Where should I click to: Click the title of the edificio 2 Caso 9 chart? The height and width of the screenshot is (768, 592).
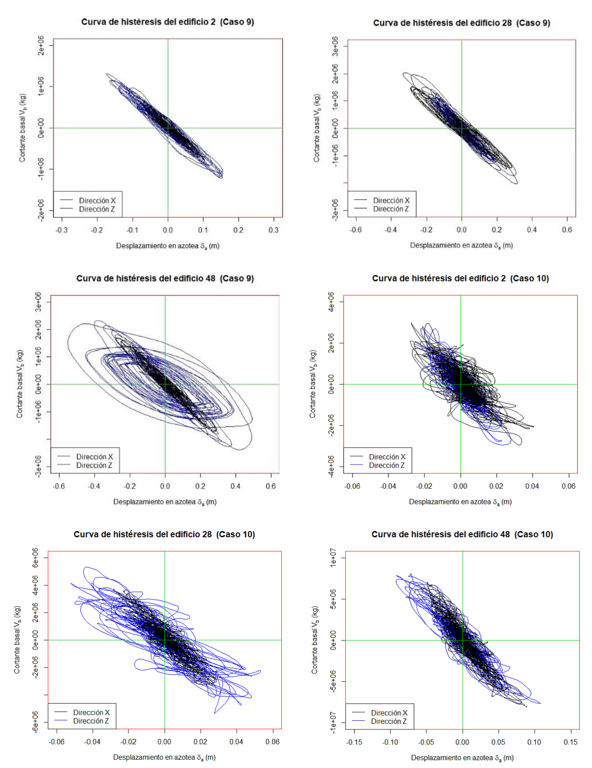pyautogui.click(x=167, y=22)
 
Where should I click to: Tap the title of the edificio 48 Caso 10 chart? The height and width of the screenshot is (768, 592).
pyautogui.click(x=462, y=534)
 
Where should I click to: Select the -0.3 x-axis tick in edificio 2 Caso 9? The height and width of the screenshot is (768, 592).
pyautogui.click(x=62, y=230)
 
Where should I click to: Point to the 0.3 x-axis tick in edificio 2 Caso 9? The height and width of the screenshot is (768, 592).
pyautogui.click(x=273, y=230)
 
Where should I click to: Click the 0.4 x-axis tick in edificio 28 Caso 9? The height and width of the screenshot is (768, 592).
pyautogui.click(x=532, y=229)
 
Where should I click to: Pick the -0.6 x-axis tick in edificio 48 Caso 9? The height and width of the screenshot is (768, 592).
pyautogui.click(x=59, y=486)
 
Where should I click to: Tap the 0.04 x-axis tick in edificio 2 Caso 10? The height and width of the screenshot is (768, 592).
pyautogui.click(x=532, y=486)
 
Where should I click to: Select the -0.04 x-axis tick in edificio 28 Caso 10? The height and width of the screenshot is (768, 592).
pyautogui.click(x=92, y=741)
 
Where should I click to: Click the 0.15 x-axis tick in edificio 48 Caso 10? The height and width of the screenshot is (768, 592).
pyautogui.click(x=571, y=742)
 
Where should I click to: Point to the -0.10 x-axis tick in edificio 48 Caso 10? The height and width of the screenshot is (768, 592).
pyautogui.click(x=390, y=742)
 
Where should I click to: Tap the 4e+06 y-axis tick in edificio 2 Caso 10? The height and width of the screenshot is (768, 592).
pyautogui.click(x=331, y=302)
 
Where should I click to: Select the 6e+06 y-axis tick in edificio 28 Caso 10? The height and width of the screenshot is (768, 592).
pyautogui.click(x=35, y=558)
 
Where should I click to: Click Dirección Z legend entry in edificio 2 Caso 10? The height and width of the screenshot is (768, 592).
pyautogui.click(x=386, y=465)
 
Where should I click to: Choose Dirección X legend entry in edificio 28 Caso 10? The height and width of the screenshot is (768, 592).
pyautogui.click(x=91, y=712)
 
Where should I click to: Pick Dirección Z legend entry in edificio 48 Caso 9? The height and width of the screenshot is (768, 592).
pyautogui.click(x=94, y=465)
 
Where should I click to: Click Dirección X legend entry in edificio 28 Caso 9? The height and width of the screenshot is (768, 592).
pyautogui.click(x=391, y=200)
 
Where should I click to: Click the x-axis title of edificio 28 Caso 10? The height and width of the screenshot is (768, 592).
pyautogui.click(x=164, y=757)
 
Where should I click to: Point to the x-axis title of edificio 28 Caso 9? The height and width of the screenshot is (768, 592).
pyautogui.click(x=461, y=246)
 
